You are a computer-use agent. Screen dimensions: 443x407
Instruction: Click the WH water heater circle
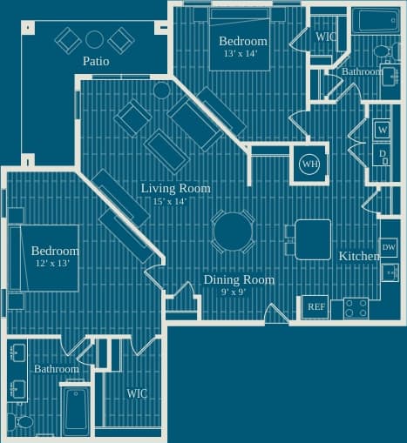click(x=309, y=164)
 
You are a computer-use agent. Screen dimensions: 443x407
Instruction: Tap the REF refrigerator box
click(x=315, y=307)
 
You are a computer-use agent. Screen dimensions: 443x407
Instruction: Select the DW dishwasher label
click(x=389, y=248)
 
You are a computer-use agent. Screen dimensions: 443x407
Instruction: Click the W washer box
click(x=382, y=131)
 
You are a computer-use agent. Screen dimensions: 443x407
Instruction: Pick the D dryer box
click(x=382, y=155)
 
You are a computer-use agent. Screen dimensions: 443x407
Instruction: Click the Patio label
click(x=96, y=61)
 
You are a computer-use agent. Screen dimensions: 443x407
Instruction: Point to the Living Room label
click(x=175, y=188)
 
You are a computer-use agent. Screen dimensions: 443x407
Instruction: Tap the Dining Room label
click(x=239, y=279)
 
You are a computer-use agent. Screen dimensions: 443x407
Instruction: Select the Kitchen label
click(x=358, y=257)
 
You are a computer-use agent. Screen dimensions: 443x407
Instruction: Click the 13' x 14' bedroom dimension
click(x=240, y=54)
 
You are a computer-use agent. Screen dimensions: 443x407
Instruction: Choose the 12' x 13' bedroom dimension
click(x=51, y=264)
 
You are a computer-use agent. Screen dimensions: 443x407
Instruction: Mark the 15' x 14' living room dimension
click(x=170, y=201)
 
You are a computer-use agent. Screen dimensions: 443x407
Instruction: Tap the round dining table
click(x=233, y=232)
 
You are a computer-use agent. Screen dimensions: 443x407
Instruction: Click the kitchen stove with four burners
click(x=355, y=308)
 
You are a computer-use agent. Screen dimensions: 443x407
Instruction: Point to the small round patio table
click(x=94, y=38)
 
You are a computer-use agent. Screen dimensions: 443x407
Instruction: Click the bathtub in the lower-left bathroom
click(x=76, y=411)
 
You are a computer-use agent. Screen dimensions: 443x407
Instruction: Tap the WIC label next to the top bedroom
click(x=326, y=37)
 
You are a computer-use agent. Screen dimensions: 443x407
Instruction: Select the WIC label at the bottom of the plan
click(x=137, y=393)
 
